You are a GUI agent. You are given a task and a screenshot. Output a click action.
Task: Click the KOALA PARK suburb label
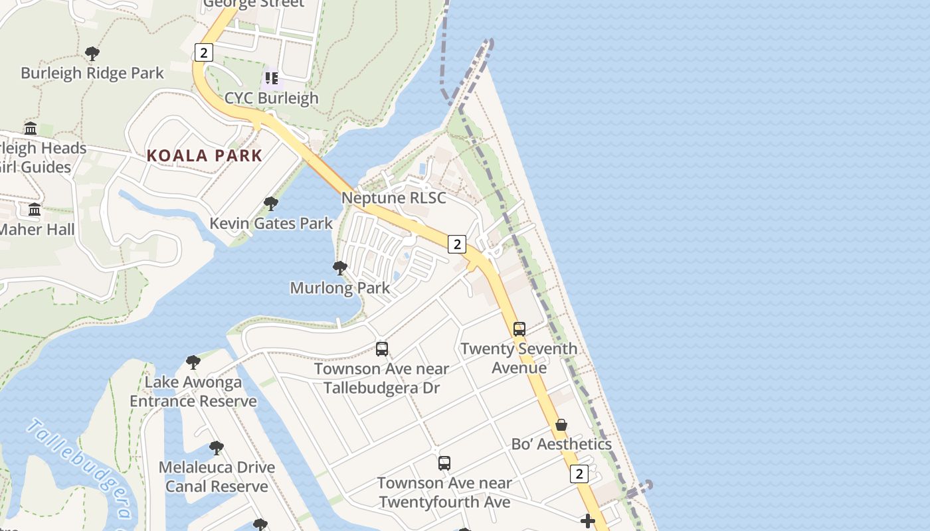[205, 156]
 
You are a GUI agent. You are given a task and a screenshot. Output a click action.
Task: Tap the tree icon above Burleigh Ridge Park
[92, 54]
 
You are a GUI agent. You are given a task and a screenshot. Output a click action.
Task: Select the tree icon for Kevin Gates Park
[270, 204]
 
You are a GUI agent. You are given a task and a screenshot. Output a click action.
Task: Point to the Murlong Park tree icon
[339, 268]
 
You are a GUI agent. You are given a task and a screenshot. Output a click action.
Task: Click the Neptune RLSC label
[394, 198]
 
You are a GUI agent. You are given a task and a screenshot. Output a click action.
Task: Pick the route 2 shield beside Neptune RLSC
[456, 244]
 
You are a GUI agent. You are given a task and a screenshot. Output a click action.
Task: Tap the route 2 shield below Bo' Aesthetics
[579, 474]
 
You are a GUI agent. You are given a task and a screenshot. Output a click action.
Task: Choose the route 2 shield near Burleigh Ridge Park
[203, 52]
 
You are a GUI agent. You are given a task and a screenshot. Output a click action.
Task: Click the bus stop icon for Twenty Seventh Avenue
[519, 329]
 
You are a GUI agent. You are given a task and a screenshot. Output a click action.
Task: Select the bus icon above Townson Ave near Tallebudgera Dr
[381, 348]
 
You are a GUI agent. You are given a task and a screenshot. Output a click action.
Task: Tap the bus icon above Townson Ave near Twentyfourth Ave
[444, 463]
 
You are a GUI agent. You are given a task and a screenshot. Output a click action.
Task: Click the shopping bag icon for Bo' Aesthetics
[561, 425]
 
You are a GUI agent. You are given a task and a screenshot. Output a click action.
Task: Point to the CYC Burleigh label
[272, 98]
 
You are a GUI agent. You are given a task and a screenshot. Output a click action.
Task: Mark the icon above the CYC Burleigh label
[271, 78]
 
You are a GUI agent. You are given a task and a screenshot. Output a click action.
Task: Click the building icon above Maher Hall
[35, 210]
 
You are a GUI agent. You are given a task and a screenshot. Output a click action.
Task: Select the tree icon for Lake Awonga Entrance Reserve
[193, 362]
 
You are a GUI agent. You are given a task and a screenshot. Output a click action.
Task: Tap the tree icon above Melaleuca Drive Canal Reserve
[216, 447]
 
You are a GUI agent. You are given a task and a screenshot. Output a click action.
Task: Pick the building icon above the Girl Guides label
[31, 128]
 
